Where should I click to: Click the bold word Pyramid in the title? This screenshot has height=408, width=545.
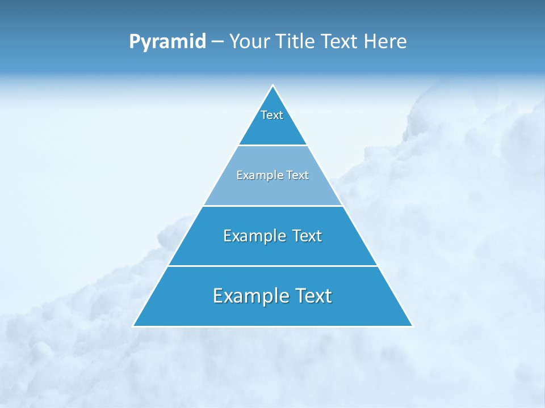coord(167,42)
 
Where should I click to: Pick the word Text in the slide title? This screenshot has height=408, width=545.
coord(339,42)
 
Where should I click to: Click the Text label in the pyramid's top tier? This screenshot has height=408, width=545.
coord(272,115)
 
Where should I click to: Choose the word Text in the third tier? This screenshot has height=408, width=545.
coord(307,236)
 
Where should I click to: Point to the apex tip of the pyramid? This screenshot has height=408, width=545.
coord(272,86)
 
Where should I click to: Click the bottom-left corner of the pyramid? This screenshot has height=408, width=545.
coord(133,326)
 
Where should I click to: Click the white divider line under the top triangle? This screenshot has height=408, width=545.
coord(272,146)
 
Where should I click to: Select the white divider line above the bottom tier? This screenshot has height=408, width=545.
coord(272,266)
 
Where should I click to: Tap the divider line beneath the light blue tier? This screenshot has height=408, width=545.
coord(272,206)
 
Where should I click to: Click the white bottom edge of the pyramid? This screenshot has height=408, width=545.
coord(272,326)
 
